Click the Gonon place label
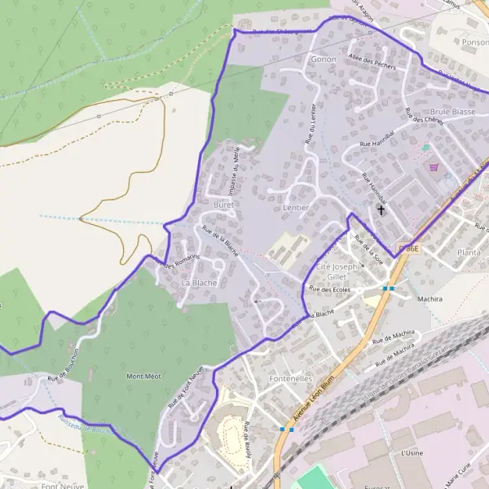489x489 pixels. [x=324, y=59]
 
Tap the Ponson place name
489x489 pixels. [x=474, y=42]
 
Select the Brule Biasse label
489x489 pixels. [x=452, y=111]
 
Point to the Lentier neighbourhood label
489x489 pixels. [x=295, y=208]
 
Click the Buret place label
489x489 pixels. [x=223, y=205]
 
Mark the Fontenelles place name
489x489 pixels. [x=289, y=379]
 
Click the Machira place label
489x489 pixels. [x=430, y=299]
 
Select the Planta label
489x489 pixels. [x=469, y=253]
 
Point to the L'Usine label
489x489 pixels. [x=413, y=451]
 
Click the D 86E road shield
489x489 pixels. [x=407, y=248]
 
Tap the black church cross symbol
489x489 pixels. [x=380, y=210]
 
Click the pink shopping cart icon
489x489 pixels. [x=434, y=168]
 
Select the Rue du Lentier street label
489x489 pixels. [x=311, y=124]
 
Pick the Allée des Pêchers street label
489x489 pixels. [x=371, y=61]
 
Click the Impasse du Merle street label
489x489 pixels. [x=234, y=169]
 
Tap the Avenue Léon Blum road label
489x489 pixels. [x=315, y=406]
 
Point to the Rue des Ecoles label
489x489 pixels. [x=329, y=289]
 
